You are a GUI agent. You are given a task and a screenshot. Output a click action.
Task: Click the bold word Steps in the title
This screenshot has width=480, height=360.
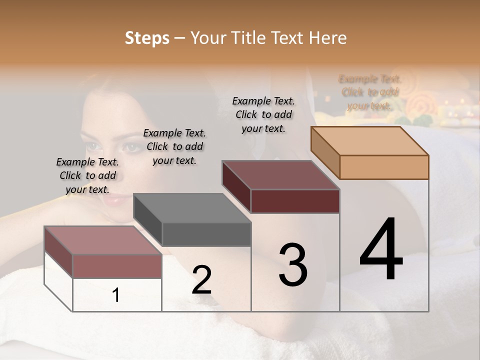point(147,38)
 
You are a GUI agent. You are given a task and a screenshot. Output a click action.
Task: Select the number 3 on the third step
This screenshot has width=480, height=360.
point(293,264)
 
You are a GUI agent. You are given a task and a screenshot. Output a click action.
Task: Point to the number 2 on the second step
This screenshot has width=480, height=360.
point(201,280)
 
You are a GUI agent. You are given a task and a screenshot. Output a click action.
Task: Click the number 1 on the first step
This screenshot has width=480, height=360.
point(116,295)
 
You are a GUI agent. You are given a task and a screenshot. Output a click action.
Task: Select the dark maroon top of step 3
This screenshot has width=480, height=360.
point(281,175)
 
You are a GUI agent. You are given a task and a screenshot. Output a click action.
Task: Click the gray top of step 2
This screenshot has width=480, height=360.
point(192,208)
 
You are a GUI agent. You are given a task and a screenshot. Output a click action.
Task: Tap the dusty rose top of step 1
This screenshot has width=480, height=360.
point(103,240)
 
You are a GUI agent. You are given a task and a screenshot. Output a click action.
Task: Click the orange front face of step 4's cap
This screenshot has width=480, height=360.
point(384,167)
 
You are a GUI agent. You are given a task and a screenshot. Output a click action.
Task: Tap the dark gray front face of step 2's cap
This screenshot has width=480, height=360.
point(206,234)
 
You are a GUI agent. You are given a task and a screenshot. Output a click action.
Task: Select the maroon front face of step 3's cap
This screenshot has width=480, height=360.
point(295,201)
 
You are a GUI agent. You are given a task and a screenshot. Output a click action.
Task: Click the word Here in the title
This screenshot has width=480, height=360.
point(327,38)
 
